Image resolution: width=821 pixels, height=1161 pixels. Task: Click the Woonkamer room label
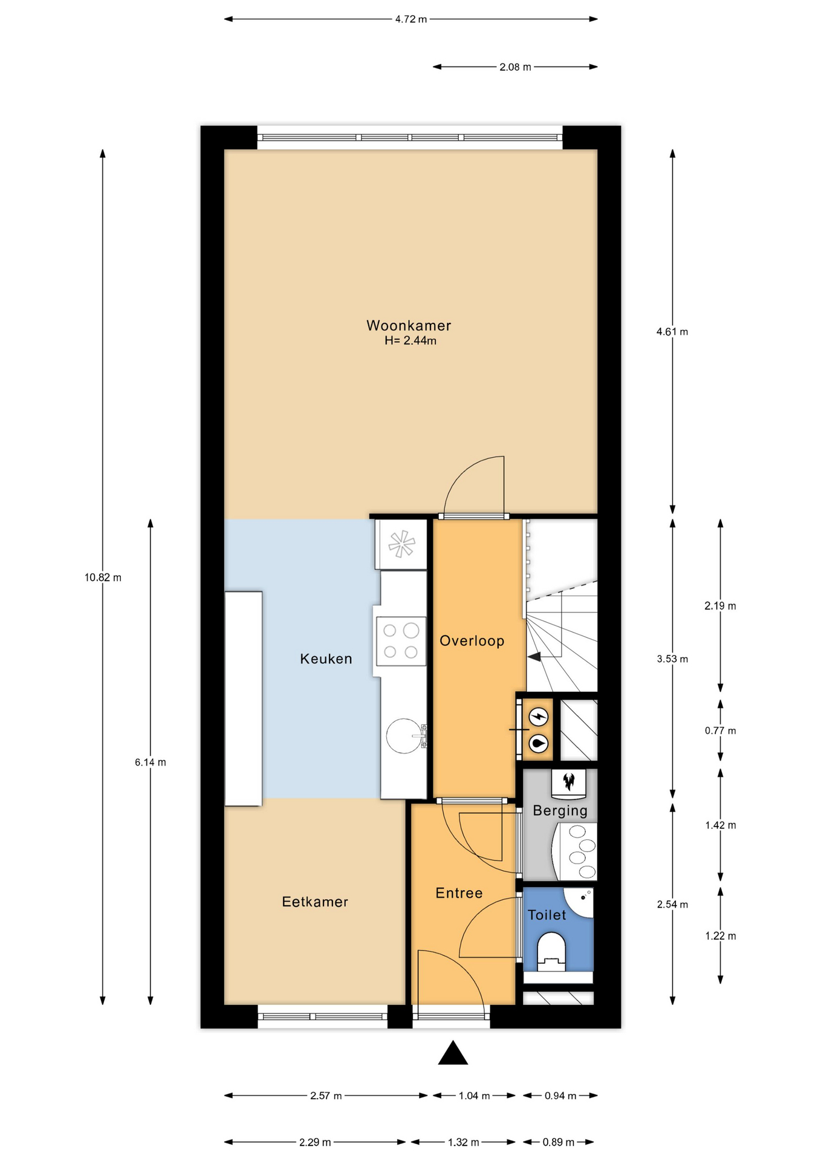(409, 325)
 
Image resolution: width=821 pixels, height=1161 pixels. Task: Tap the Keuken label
(326, 659)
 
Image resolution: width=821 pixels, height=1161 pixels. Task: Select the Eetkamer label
(315, 902)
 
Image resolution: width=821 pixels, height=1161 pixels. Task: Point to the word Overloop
(472, 641)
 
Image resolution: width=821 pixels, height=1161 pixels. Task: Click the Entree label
(459, 893)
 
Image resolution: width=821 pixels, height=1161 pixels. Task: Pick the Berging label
(560, 811)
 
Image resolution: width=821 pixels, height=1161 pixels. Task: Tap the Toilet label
(547, 915)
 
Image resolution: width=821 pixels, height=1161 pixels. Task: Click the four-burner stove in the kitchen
(401, 641)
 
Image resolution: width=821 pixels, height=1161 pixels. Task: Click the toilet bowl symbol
(551, 951)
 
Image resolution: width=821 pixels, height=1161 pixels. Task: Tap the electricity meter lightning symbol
(538, 717)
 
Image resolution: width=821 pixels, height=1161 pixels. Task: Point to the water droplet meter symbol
(538, 743)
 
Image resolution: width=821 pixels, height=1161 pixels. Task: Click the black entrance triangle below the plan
(453, 1053)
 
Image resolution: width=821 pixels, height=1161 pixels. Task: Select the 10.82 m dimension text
(103, 577)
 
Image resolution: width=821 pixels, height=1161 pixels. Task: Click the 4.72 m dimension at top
(411, 19)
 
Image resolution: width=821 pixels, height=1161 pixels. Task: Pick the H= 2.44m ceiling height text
(410, 341)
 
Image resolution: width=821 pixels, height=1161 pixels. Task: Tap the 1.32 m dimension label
(464, 1142)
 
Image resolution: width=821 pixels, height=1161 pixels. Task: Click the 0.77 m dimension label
(720, 730)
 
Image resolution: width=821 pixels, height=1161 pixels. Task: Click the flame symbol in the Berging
(568, 782)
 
